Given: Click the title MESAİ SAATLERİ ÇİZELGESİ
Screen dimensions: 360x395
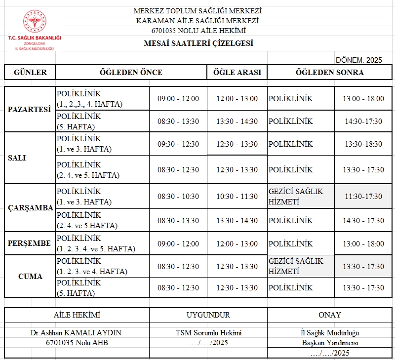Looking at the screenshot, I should (x=198, y=43).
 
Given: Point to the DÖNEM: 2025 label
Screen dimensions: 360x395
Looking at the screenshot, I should (x=359, y=60).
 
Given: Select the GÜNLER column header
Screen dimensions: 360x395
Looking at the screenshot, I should (x=30, y=72).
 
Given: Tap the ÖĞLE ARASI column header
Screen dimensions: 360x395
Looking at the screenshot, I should (x=237, y=72).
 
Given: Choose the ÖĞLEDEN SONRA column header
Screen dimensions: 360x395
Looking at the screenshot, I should (x=329, y=72).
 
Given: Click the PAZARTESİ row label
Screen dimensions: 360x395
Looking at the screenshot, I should (x=30, y=110).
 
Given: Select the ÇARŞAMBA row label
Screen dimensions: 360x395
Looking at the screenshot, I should (x=31, y=208).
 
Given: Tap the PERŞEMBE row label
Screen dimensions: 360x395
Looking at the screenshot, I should (x=30, y=243).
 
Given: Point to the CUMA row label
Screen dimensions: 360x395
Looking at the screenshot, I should (x=30, y=277).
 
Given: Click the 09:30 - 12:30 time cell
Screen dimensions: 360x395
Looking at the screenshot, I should (x=178, y=144).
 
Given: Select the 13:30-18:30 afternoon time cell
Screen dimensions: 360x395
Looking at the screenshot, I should (x=363, y=144).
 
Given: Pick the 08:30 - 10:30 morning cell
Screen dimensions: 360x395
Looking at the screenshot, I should (x=178, y=197).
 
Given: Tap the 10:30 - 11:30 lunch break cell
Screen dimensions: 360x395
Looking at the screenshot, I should (x=237, y=197).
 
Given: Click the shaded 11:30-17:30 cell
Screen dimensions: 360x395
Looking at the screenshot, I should (x=363, y=197).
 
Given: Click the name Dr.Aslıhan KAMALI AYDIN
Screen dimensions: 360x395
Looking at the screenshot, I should (x=77, y=333).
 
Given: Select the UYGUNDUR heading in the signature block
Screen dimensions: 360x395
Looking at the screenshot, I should (x=208, y=315).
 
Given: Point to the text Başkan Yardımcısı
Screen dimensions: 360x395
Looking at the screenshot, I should (x=330, y=343).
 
